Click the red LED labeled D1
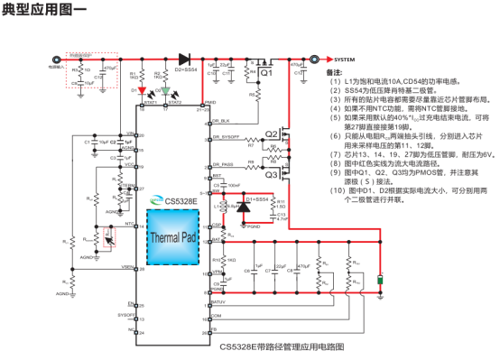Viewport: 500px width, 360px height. pos(139,89)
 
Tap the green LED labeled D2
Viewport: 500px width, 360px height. pos(162,89)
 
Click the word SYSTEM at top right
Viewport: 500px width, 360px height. pos(339,60)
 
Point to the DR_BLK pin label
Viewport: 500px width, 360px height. pos(220,120)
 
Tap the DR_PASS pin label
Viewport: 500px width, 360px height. pos(222,165)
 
